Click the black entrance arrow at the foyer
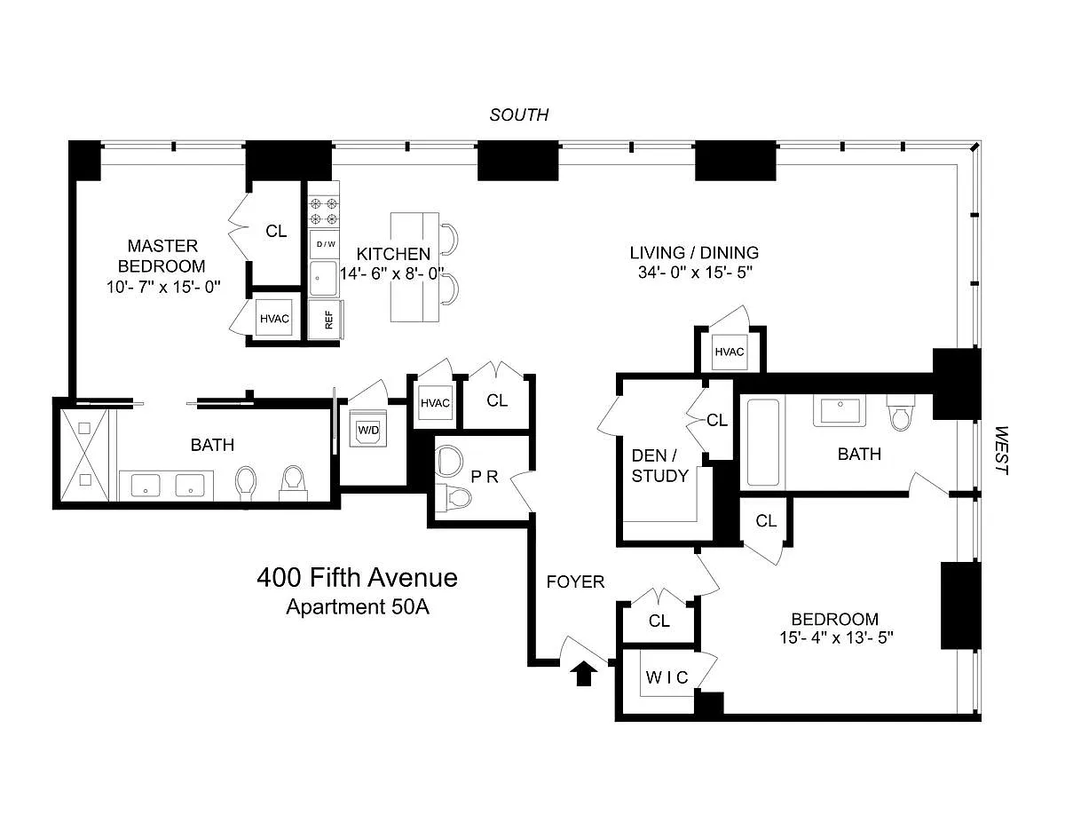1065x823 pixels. click(x=583, y=675)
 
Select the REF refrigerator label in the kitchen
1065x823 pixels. click(x=328, y=320)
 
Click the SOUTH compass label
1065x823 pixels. click(x=519, y=115)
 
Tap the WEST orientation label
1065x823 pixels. click(x=1002, y=451)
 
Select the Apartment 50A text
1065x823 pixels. click(x=357, y=607)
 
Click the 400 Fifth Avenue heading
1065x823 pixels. click(x=357, y=578)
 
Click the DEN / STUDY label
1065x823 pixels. click(x=659, y=465)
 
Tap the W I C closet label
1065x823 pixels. click(x=666, y=677)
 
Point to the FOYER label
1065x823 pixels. click(x=575, y=582)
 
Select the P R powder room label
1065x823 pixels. click(x=485, y=476)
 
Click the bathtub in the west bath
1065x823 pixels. click(x=763, y=443)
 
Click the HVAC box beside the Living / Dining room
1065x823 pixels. click(x=729, y=352)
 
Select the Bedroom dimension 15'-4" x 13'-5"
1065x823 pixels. click(x=835, y=639)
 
